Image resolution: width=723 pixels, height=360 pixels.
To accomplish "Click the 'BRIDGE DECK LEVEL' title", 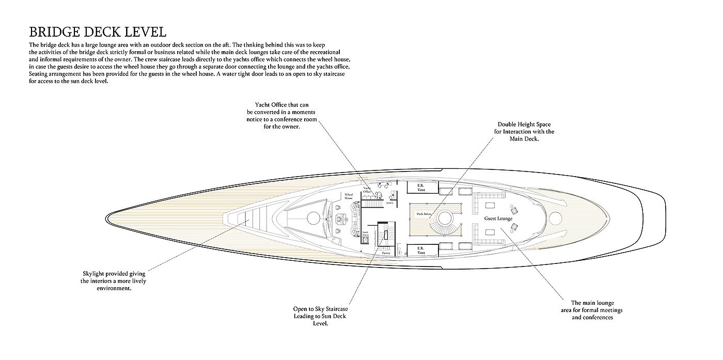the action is (98, 32).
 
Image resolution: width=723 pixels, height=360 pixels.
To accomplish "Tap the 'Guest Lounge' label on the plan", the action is (498, 218).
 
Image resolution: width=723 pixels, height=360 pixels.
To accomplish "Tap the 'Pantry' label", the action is (386, 254).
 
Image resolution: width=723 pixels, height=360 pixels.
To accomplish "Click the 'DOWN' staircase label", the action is (390, 203).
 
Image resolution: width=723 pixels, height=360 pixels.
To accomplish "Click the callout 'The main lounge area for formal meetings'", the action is (592, 310).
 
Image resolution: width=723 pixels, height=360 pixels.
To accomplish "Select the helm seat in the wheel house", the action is (340, 219).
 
